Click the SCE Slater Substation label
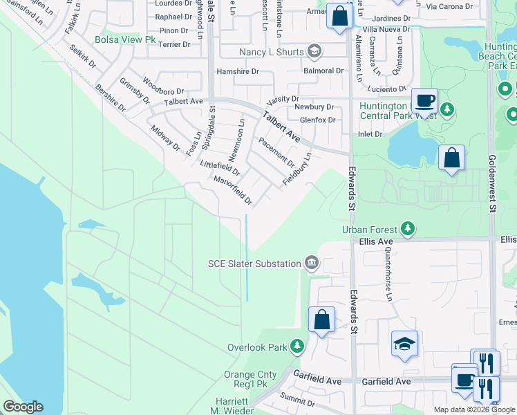click(255, 263)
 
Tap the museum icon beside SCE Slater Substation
click(312, 263)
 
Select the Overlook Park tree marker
click(297, 346)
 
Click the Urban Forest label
click(369, 229)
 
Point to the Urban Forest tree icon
click(408, 228)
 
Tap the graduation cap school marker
click(404, 344)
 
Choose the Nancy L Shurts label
click(272, 52)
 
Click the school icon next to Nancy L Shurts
click(314, 51)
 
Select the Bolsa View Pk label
click(126, 40)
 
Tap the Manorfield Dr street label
click(233, 190)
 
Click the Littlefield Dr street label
click(219, 168)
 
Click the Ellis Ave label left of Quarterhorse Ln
click(376, 241)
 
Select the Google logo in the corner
click(23, 407)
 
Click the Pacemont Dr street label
click(276, 151)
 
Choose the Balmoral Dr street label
click(323, 71)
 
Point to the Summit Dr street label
click(298, 401)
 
